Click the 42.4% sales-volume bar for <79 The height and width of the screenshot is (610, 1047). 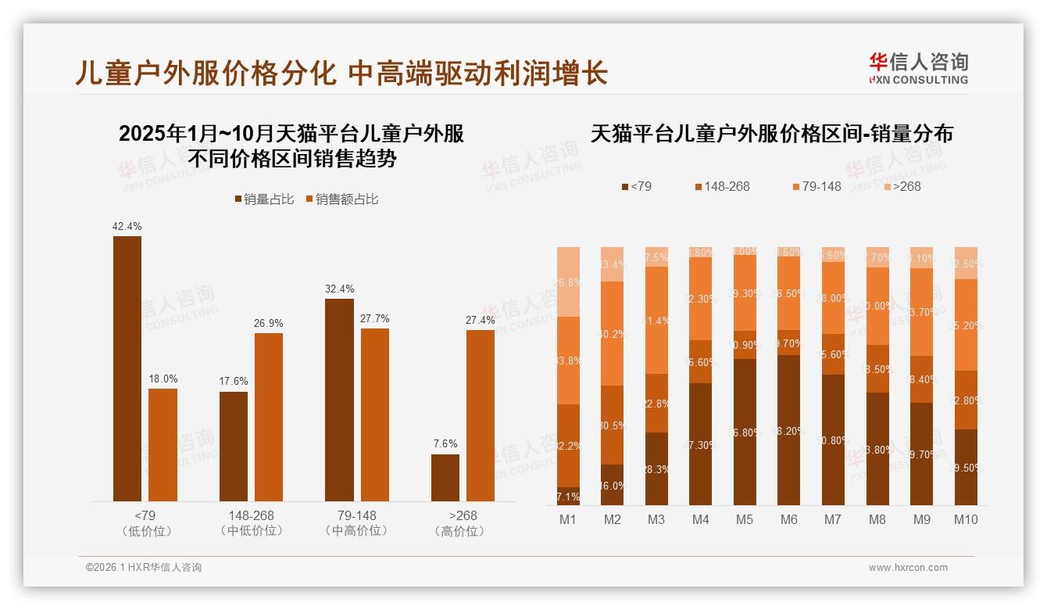(x=127, y=368)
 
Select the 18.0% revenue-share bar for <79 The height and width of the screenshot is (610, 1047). (x=163, y=444)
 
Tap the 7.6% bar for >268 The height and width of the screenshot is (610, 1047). (x=445, y=477)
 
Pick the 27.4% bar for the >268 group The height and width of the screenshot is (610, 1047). (x=481, y=415)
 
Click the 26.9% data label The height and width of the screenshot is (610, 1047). (x=269, y=323)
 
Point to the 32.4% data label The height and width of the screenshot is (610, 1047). (x=339, y=289)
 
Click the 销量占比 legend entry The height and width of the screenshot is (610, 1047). (x=264, y=199)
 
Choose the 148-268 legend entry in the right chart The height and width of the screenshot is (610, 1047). (x=722, y=187)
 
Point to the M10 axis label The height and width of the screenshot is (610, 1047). (x=966, y=519)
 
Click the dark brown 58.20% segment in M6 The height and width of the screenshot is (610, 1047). (x=789, y=430)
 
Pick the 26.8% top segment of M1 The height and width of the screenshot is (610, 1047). (x=568, y=282)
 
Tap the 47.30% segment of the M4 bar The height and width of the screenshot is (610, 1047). (x=701, y=444)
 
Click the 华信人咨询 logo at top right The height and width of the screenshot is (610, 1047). (x=918, y=68)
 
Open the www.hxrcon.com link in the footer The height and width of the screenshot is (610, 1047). (x=908, y=568)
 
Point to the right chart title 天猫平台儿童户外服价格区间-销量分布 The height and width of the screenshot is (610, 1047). (x=771, y=134)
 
